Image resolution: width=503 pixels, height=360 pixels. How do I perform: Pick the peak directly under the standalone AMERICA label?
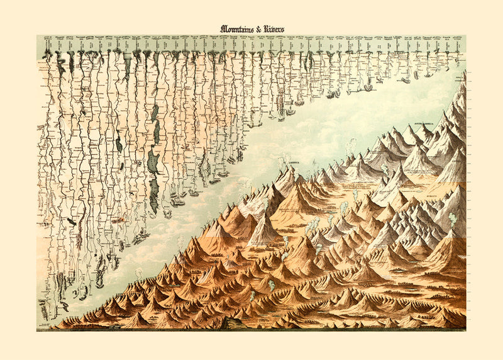290,169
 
